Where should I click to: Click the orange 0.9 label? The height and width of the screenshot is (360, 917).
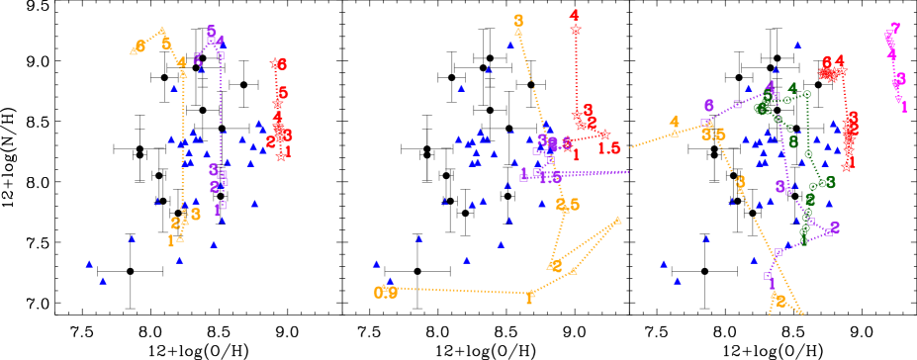(386, 292)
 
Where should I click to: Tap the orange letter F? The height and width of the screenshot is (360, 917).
(530, 297)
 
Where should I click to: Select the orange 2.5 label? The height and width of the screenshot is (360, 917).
(568, 205)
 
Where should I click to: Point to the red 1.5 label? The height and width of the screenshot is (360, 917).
(609, 148)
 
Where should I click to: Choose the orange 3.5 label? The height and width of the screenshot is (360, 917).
(713, 135)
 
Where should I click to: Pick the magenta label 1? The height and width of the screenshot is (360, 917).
(903, 106)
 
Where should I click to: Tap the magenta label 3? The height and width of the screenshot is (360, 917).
(899, 78)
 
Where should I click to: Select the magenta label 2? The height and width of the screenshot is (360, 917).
(894, 30)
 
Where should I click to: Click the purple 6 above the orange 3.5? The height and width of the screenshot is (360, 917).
(708, 106)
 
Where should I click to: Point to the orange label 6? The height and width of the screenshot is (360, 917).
(140, 46)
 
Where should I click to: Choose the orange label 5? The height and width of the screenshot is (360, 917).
(166, 43)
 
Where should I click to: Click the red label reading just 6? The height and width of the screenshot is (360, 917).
(281, 64)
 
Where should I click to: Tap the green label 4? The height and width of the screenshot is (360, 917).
(792, 88)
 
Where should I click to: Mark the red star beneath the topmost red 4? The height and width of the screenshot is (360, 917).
(575, 31)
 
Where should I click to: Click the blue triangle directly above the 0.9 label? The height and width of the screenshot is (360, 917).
(391, 280)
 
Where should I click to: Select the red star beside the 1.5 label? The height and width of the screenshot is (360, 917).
(604, 135)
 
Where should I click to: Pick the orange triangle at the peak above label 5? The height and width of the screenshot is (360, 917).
(162, 30)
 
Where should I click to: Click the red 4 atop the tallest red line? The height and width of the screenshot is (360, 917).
(575, 15)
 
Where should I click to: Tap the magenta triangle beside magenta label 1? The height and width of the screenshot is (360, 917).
(897, 99)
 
